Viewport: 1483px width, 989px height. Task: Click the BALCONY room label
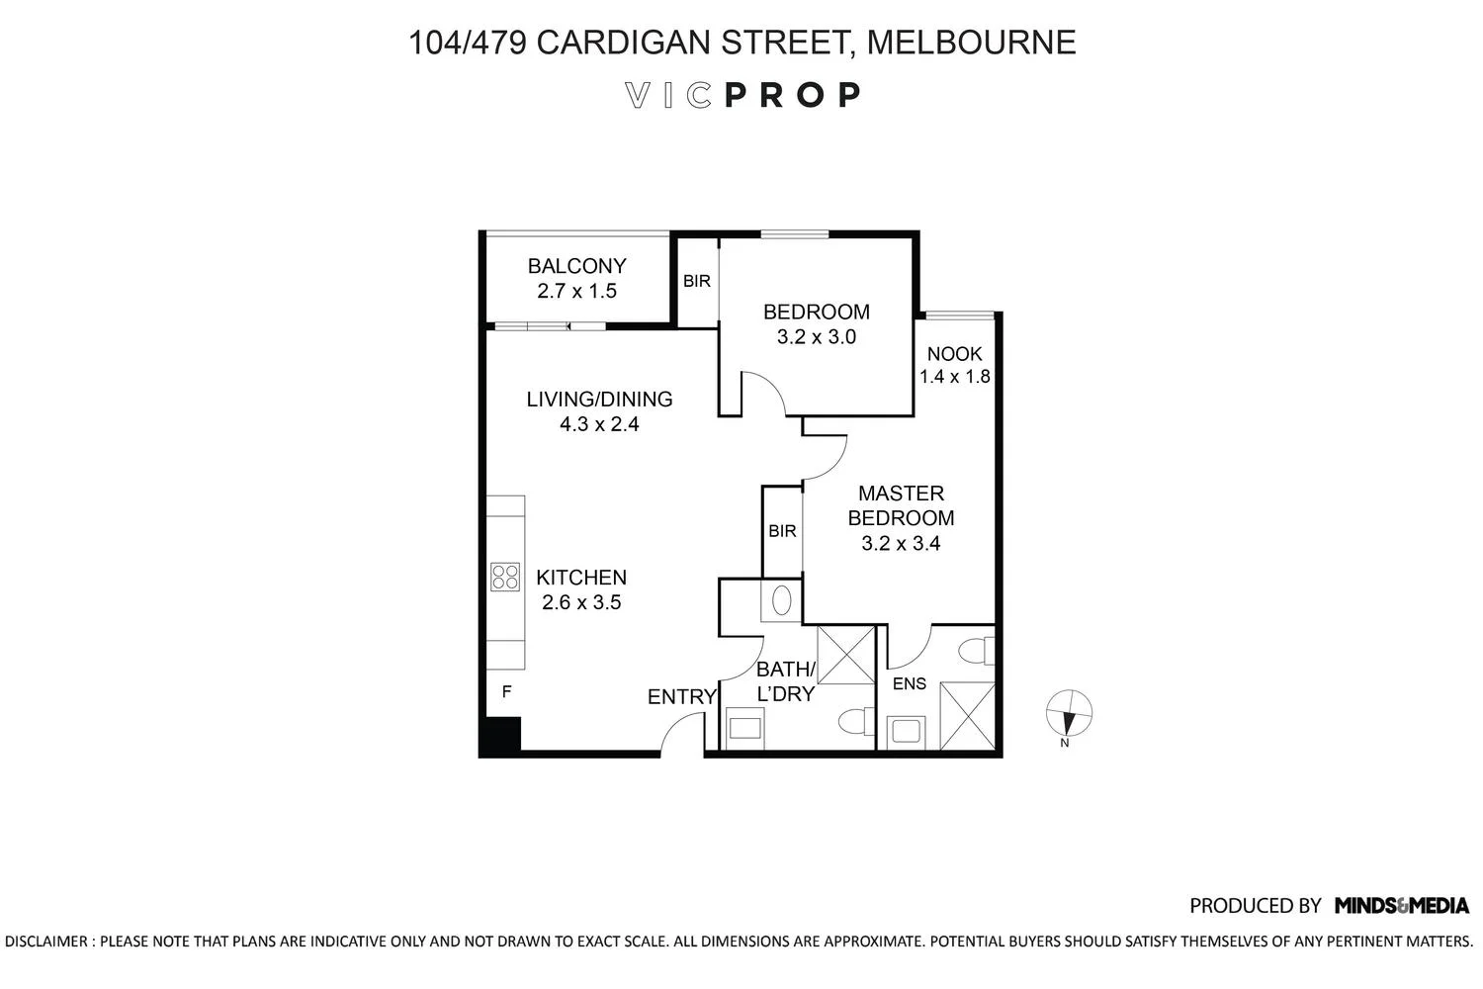(x=576, y=266)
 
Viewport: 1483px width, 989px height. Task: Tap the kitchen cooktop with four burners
(x=505, y=577)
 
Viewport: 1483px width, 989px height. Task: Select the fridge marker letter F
(x=506, y=692)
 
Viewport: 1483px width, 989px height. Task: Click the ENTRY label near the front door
(x=682, y=697)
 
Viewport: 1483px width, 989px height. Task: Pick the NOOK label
(x=955, y=354)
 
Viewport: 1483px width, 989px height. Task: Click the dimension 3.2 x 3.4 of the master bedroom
(x=901, y=544)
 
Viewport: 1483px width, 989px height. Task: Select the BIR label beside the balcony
(x=697, y=282)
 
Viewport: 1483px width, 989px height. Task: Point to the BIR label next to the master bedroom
(x=783, y=531)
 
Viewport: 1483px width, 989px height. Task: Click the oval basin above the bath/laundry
(x=782, y=601)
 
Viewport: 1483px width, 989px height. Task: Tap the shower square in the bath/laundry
(x=846, y=655)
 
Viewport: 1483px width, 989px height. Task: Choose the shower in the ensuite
(x=967, y=716)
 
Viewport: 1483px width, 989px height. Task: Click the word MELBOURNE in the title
(x=971, y=43)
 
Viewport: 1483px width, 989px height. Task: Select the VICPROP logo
(x=742, y=95)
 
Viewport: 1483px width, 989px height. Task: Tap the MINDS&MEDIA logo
(x=1402, y=906)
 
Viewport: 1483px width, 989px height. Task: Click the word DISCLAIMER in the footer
(x=46, y=942)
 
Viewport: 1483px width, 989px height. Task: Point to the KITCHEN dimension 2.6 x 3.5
(x=581, y=603)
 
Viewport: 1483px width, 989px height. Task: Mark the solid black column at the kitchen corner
(x=500, y=737)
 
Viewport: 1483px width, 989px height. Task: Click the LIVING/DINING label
(x=600, y=400)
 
